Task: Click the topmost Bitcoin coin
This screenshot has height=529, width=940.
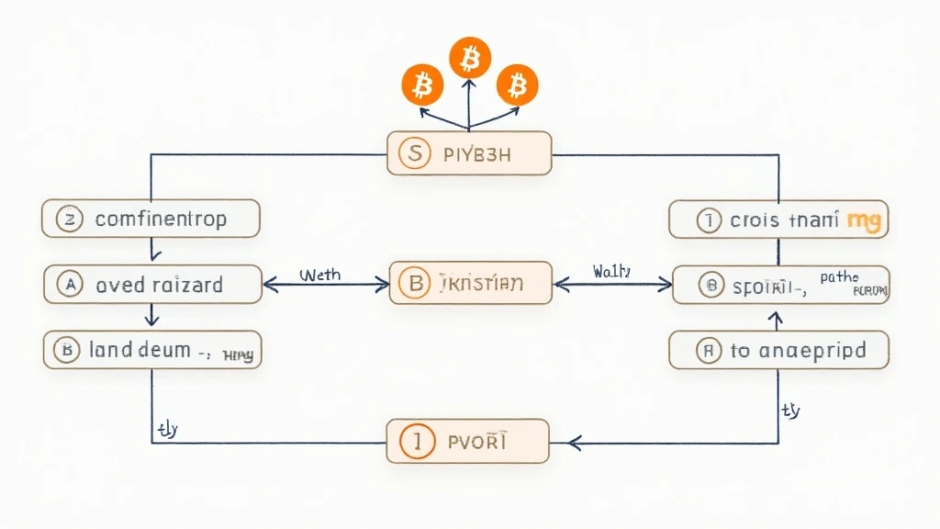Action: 469,60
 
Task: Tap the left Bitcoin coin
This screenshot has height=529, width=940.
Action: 421,86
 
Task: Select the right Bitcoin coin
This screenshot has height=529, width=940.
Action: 517,86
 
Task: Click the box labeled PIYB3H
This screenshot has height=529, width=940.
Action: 469,153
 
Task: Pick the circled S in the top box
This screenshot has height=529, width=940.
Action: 416,153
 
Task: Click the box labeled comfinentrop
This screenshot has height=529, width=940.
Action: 151,219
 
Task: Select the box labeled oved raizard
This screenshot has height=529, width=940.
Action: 152,285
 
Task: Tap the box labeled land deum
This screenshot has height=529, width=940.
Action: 152,350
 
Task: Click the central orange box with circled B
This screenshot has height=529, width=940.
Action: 471,284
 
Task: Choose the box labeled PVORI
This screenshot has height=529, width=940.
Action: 467,442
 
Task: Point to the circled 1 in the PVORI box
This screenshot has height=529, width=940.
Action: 417,442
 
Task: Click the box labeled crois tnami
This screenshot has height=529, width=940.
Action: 778,219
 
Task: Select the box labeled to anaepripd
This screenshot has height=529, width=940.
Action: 778,350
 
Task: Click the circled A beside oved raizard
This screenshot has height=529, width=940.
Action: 69,285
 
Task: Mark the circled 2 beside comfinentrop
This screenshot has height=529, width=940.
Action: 69,219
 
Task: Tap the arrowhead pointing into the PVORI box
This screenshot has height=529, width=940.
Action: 575,443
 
